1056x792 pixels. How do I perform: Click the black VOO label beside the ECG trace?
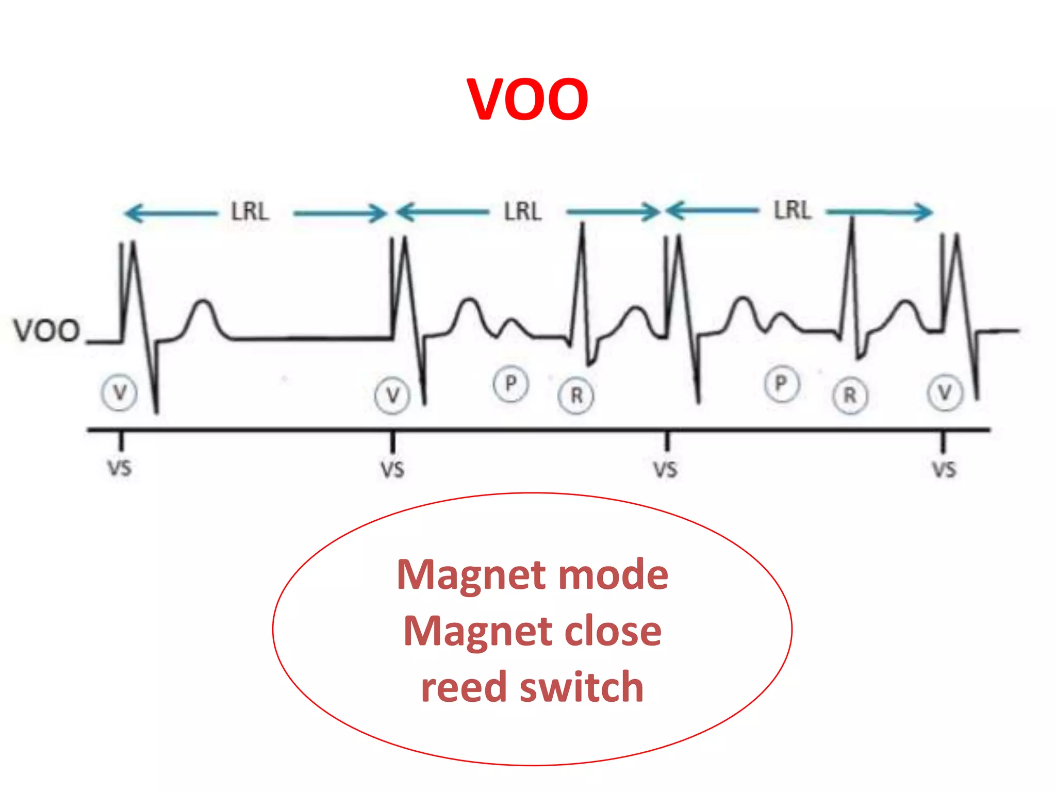click(x=46, y=331)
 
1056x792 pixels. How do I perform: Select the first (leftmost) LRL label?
click(x=250, y=212)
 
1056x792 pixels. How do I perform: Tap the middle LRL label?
click(x=522, y=212)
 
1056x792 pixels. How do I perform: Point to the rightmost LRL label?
click(x=793, y=210)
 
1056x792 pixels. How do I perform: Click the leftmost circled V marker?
click(x=119, y=393)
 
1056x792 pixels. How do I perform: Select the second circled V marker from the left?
click(x=392, y=395)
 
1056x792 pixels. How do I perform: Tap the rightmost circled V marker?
click(x=945, y=393)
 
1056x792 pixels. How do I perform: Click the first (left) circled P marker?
click(x=510, y=384)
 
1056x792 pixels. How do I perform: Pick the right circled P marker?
click(x=781, y=384)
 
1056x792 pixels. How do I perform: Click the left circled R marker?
click(x=576, y=396)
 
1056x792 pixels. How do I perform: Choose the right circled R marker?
click(x=850, y=396)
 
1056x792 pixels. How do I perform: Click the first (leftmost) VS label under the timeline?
click(x=120, y=469)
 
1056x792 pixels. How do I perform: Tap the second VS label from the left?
click(x=392, y=470)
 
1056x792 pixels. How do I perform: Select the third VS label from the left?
click(x=665, y=470)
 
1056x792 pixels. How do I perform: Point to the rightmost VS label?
click(x=944, y=470)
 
